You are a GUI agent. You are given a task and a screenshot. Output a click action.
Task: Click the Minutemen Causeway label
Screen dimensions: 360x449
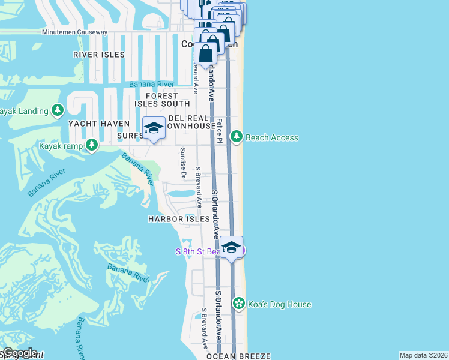pyautogui.click(x=74, y=32)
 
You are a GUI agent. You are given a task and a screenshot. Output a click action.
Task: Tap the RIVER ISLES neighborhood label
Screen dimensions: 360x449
pyautogui.click(x=99, y=55)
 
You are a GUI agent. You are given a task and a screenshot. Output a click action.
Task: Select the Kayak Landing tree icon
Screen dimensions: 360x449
pyautogui.click(x=58, y=110)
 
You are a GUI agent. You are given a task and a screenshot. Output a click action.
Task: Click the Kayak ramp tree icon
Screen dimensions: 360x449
pyautogui.click(x=91, y=145)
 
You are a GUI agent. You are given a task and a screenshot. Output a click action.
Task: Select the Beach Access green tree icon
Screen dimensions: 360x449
pyautogui.click(x=237, y=137)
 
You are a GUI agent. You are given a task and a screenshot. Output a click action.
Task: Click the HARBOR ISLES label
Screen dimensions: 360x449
pyautogui.click(x=175, y=220)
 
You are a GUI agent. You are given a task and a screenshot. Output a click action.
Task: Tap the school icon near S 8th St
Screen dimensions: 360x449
pyautogui.click(x=231, y=247)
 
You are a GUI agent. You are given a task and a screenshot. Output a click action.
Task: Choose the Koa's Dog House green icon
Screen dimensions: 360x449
pyautogui.click(x=239, y=304)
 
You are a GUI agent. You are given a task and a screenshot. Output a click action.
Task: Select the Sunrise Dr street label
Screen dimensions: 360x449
pyautogui.click(x=183, y=162)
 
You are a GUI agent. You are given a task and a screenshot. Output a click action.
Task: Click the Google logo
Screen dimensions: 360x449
pyautogui.click(x=20, y=353)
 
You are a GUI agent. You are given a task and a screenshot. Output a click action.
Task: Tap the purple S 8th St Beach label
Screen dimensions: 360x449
pyautogui.click(x=198, y=251)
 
